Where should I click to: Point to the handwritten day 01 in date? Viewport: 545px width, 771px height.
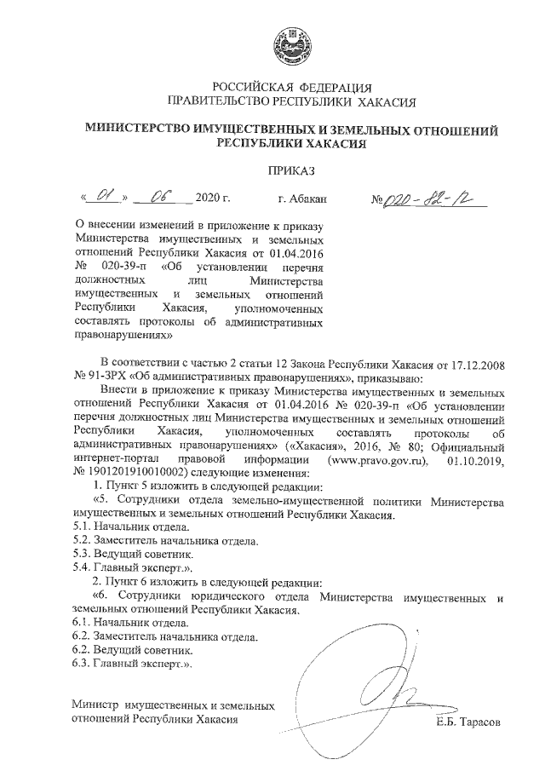click(x=104, y=199)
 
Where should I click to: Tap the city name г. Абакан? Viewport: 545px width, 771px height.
click(x=302, y=201)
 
